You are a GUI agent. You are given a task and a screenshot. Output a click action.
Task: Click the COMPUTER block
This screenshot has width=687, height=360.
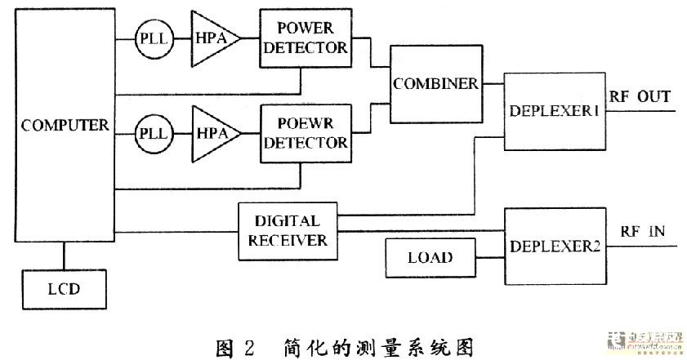(65, 126)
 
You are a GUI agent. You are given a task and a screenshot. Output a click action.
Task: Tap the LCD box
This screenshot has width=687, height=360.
(64, 288)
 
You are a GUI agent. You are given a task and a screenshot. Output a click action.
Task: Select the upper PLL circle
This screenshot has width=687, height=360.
(154, 39)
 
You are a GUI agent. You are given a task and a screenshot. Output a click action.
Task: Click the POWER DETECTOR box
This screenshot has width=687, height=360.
(304, 39)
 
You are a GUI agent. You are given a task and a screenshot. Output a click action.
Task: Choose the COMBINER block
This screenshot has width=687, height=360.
(435, 84)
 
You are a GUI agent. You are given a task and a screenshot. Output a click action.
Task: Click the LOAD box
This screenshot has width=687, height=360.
(430, 259)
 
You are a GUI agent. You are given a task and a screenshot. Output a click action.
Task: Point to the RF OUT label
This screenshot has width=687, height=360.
(640, 97)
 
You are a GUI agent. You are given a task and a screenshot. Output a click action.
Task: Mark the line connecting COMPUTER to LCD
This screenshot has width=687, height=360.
(64, 259)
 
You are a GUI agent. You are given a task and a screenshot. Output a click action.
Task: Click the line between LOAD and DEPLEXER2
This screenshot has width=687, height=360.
(490, 259)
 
